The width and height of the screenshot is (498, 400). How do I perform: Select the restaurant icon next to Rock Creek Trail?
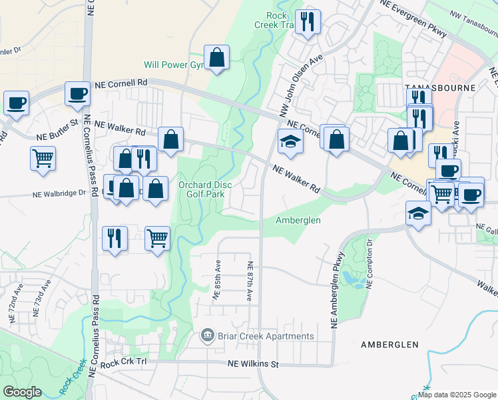click(308, 21)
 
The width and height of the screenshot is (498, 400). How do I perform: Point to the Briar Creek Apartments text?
click(266, 336)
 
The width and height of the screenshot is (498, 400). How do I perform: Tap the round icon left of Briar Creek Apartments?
click(208, 335)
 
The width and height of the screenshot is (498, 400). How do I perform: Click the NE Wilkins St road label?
click(252, 365)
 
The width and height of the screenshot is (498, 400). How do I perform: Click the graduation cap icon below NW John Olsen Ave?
click(290, 141)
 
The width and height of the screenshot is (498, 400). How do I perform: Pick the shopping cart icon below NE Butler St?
click(43, 159)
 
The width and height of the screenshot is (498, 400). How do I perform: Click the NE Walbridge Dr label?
click(60, 194)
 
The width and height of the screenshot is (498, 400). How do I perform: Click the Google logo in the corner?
click(23, 392)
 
